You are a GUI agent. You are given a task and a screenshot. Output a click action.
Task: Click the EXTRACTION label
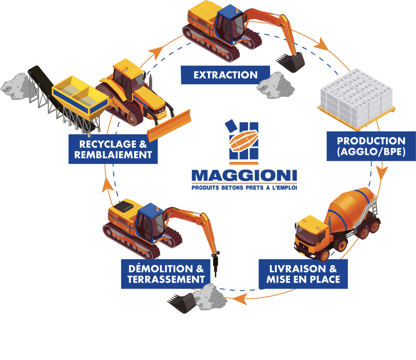(x=225, y=75)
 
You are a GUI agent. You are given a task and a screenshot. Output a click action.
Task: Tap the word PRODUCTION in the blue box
(x=371, y=141)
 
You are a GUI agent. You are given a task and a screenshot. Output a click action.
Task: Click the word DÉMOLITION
(x=160, y=269)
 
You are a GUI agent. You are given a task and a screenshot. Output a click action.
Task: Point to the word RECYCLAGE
(x=108, y=144)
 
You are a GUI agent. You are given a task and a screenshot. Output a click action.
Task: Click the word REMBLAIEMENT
(x=113, y=155)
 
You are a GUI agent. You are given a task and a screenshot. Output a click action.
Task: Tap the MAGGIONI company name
(x=244, y=175)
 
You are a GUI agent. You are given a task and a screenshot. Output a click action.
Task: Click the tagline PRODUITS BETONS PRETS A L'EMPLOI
(x=244, y=188)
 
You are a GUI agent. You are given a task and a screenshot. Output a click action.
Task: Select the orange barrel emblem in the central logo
(x=244, y=141)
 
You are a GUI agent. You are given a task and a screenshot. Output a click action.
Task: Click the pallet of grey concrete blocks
(x=356, y=99)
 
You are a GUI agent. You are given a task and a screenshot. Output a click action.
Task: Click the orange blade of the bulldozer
(x=169, y=126)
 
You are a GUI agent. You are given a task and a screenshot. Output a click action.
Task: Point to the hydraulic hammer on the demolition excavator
(x=215, y=263)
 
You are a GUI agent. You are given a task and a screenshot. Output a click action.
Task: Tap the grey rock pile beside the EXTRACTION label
(x=275, y=86)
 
